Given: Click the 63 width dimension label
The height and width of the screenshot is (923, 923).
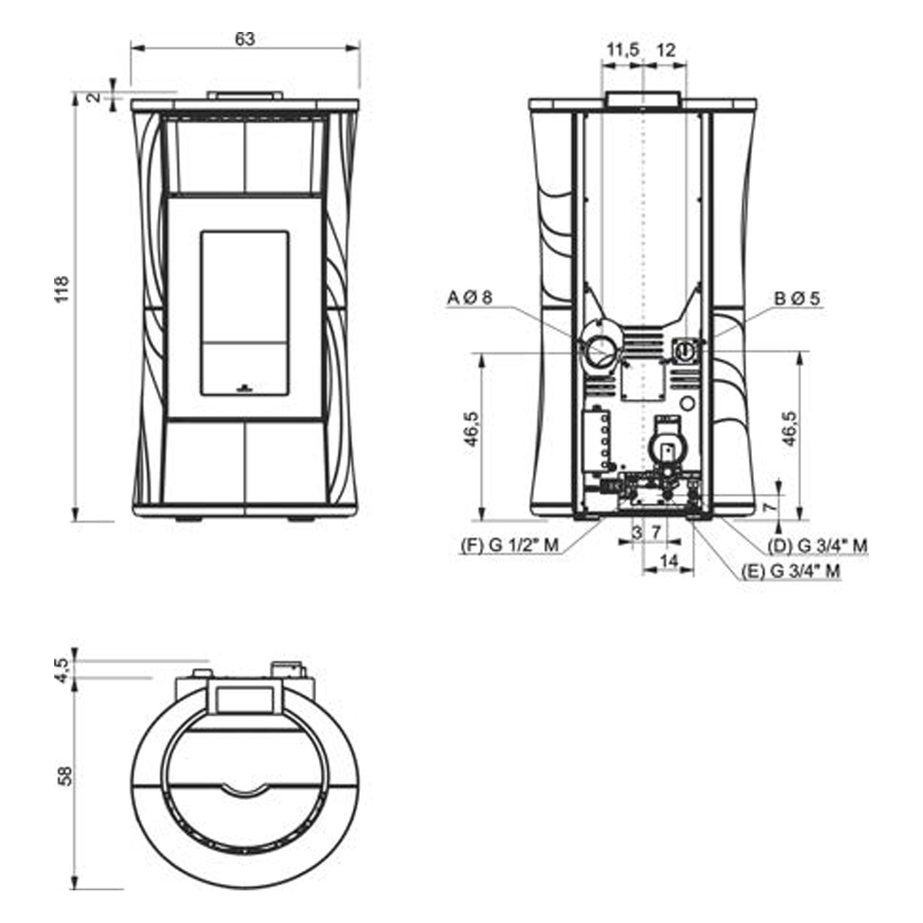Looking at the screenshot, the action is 245,39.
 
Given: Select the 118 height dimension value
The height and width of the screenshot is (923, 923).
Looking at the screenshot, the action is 63,289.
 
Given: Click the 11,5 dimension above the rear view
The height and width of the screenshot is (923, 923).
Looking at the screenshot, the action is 623,50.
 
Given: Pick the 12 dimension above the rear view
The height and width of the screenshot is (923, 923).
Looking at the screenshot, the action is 666,50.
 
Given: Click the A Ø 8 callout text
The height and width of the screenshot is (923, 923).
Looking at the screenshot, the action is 470,298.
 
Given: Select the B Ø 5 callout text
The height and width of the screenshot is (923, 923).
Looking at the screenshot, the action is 797,299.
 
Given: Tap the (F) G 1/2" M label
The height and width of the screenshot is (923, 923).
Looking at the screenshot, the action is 509,545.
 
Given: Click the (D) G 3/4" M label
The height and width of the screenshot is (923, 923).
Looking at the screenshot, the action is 818,545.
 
